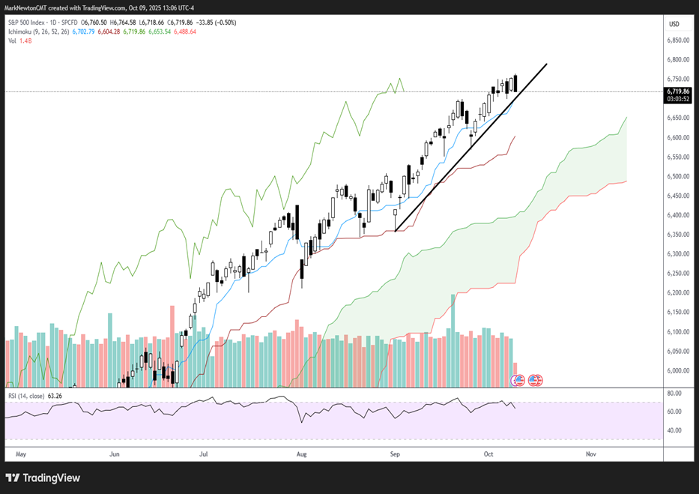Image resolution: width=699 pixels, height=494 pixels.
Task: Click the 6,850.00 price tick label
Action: pyautogui.click(x=679, y=40)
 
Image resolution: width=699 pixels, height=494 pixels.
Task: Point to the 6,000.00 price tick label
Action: pyautogui.click(x=679, y=371)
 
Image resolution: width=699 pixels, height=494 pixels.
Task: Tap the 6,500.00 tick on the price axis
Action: pyautogui.click(x=679, y=176)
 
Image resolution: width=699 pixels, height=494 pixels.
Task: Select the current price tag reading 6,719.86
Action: pyautogui.click(x=679, y=91)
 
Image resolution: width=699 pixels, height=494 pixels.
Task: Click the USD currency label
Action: pyautogui.click(x=674, y=24)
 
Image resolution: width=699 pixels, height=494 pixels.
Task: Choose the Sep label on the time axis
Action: pyautogui.click(x=395, y=454)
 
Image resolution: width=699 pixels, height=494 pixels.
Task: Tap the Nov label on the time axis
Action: pyautogui.click(x=590, y=454)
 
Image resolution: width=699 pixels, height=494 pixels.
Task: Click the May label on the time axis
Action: pyautogui.click(x=20, y=454)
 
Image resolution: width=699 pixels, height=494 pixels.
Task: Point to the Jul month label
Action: pyautogui.click(x=203, y=454)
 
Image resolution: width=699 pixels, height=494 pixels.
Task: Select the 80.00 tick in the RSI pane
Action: pyautogui.click(x=674, y=393)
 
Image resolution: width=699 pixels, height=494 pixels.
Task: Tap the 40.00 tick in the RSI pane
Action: pyautogui.click(x=674, y=430)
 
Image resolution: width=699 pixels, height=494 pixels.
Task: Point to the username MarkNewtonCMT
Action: pyautogui.click(x=34, y=6)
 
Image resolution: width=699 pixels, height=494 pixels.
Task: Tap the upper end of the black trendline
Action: pyautogui.click(x=546, y=64)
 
